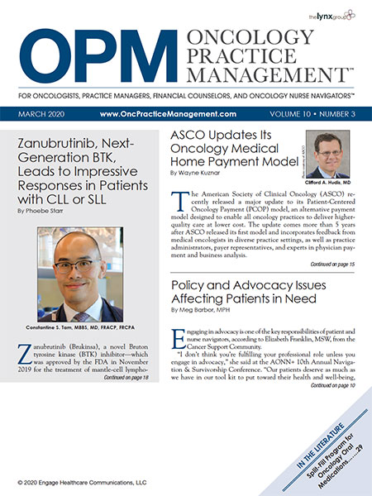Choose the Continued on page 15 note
click(333, 264)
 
